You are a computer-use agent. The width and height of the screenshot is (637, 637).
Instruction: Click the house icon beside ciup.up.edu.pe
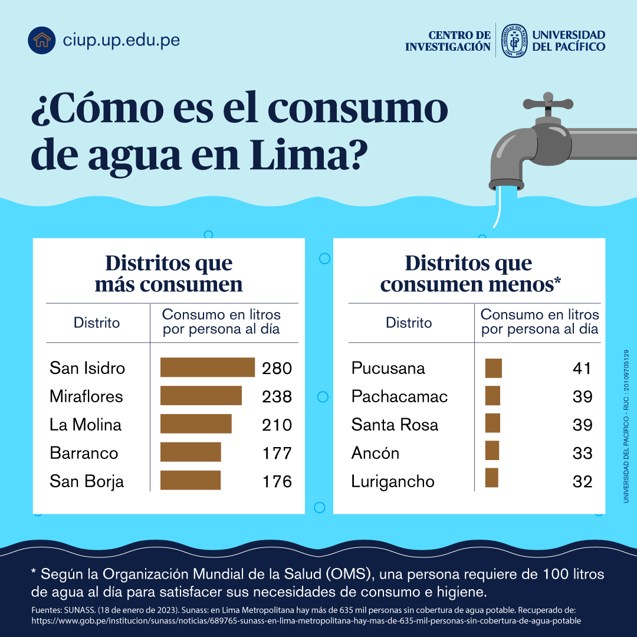coord(41,40)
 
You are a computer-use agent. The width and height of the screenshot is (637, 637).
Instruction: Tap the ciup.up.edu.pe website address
coord(121,40)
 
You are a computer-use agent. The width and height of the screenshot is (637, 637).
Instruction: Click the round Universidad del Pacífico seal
coord(514,41)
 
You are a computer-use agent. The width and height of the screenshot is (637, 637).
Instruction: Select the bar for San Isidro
coord(207,367)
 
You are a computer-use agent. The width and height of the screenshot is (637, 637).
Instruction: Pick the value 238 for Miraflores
coord(277,396)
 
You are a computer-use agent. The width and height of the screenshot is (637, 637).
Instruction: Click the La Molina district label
coord(86,425)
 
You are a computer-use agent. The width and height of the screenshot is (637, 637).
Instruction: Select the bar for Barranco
coord(191,453)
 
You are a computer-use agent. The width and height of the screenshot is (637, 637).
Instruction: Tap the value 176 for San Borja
coord(277,481)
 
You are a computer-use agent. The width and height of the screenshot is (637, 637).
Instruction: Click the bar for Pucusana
coord(493,368)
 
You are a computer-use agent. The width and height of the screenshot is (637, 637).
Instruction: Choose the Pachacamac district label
coord(399,396)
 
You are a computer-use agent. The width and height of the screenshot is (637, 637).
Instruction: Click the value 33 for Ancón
coord(582,453)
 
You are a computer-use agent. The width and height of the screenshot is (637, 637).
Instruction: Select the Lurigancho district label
coord(393,481)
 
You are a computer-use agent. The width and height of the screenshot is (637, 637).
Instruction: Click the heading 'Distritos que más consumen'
coord(169,274)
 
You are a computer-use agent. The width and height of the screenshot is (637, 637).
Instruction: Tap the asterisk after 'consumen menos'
coord(557,283)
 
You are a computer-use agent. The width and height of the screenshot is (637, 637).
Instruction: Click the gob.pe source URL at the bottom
coord(306,620)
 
